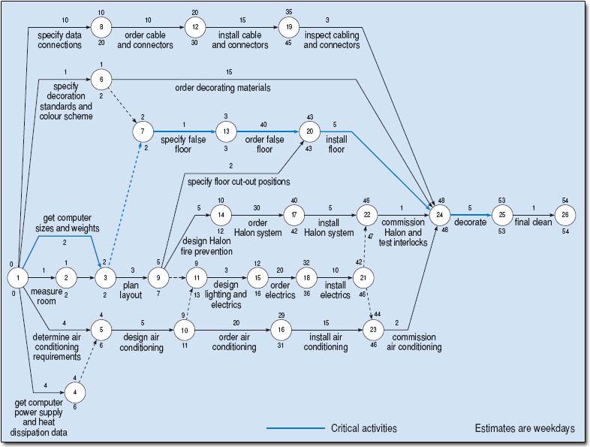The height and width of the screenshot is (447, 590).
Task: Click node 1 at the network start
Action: click(x=18, y=278)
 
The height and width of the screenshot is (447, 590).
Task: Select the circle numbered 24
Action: click(x=440, y=215)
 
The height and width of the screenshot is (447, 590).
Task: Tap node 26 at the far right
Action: click(x=565, y=215)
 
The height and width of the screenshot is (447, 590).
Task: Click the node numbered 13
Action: click(x=226, y=131)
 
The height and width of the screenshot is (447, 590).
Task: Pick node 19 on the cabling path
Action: click(x=289, y=27)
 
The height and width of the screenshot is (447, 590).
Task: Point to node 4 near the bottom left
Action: click(x=75, y=392)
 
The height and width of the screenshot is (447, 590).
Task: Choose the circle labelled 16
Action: click(x=281, y=330)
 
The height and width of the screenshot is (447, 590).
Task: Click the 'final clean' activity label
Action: click(x=533, y=222)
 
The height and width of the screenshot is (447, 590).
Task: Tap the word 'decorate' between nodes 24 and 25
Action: click(x=471, y=222)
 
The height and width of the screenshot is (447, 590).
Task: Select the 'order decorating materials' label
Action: click(x=223, y=88)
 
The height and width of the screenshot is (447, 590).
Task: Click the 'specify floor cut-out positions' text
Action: click(x=239, y=182)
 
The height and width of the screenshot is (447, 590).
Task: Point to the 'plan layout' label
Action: click(x=131, y=290)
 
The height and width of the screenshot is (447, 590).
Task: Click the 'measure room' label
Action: click(x=47, y=296)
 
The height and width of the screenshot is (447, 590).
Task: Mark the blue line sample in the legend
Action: click(x=296, y=428)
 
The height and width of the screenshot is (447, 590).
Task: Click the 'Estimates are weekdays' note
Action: click(x=525, y=428)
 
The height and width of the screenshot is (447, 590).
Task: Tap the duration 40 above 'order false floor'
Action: click(x=263, y=125)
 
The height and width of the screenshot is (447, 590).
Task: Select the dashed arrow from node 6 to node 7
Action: click(x=124, y=105)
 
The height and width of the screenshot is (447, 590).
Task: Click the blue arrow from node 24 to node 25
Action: click(x=471, y=215)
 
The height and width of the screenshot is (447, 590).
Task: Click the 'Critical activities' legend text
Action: click(x=364, y=428)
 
